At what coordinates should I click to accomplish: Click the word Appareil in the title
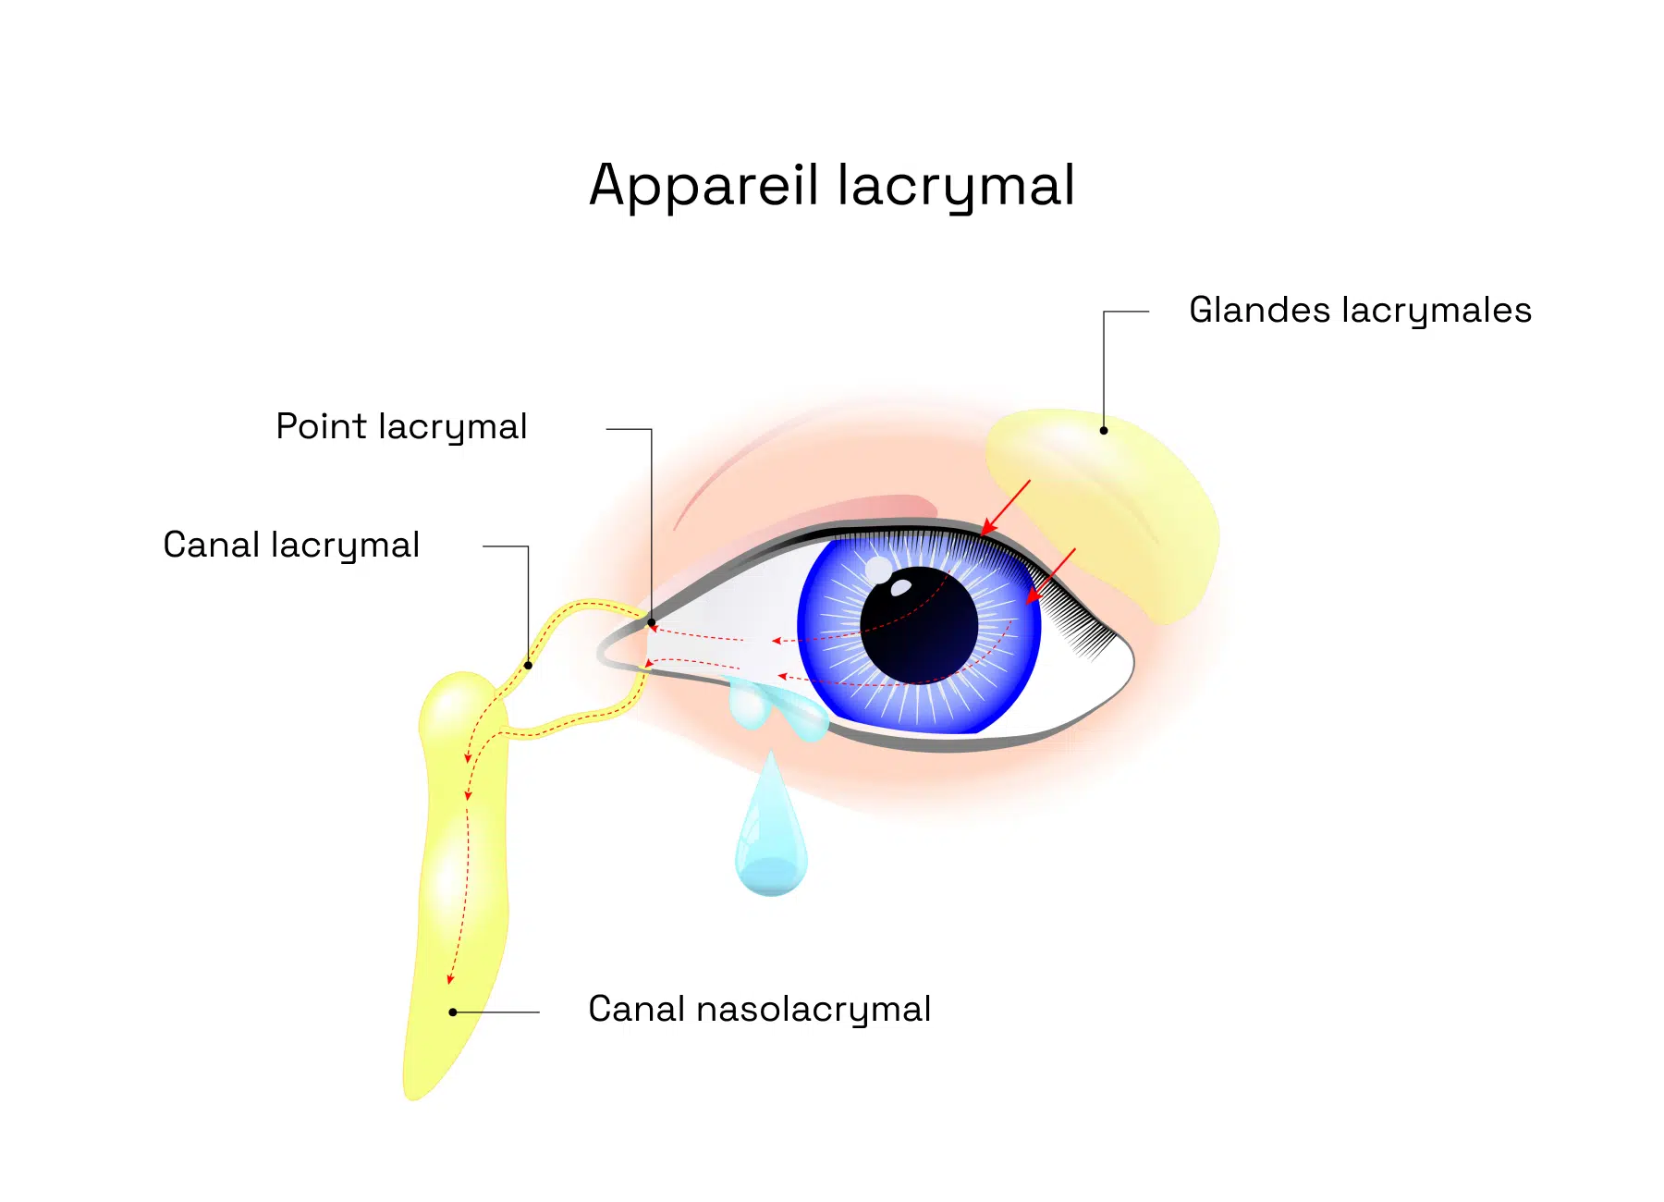[x=704, y=186]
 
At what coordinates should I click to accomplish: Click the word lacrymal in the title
[x=957, y=186]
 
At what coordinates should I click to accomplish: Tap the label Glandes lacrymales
[x=1360, y=312]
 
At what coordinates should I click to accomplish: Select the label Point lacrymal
[x=401, y=428]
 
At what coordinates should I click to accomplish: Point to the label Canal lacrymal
[x=291, y=546]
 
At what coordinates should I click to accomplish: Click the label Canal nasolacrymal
[x=759, y=1010]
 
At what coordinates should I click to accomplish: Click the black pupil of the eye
[x=919, y=625]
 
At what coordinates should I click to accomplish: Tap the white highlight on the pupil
[x=899, y=586]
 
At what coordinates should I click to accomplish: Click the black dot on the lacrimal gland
[x=1104, y=430]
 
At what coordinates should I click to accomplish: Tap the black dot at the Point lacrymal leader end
[x=652, y=622]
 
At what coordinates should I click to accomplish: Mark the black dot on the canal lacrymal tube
[x=528, y=665]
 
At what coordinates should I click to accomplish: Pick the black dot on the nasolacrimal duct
[x=453, y=1012]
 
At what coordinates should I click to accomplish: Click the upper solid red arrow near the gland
[x=1005, y=508]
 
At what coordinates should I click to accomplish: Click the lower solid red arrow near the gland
[x=1051, y=576]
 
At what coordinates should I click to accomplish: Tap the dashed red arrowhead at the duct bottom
[x=451, y=978]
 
